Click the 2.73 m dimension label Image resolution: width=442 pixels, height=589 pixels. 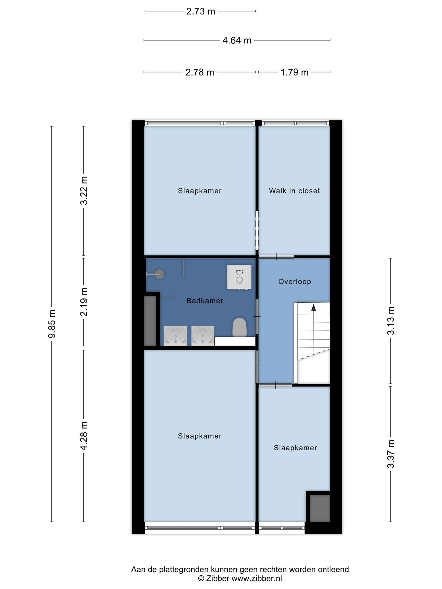(201, 11)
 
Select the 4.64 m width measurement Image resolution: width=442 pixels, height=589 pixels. (237, 40)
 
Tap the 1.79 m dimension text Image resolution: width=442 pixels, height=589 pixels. (294, 72)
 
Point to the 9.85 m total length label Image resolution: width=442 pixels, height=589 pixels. (52, 324)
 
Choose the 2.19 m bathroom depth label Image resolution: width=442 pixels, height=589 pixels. (84, 302)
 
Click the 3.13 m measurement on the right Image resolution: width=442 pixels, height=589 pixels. (390, 321)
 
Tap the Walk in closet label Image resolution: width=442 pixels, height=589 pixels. (294, 191)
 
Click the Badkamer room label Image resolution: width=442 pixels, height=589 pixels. (205, 301)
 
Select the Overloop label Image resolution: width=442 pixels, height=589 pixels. (295, 282)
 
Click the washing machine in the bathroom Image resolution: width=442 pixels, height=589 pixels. (239, 277)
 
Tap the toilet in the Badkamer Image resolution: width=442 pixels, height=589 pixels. (239, 327)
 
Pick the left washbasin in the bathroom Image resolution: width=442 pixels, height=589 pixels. (176, 336)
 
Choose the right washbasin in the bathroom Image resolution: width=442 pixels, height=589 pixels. (203, 336)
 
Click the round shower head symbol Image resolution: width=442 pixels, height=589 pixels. (160, 274)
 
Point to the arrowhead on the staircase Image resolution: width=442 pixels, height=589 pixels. (314, 307)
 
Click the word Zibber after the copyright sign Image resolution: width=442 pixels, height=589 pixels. (218, 578)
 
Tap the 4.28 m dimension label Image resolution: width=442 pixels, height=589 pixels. (84, 436)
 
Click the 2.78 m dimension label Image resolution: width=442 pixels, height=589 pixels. (200, 72)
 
